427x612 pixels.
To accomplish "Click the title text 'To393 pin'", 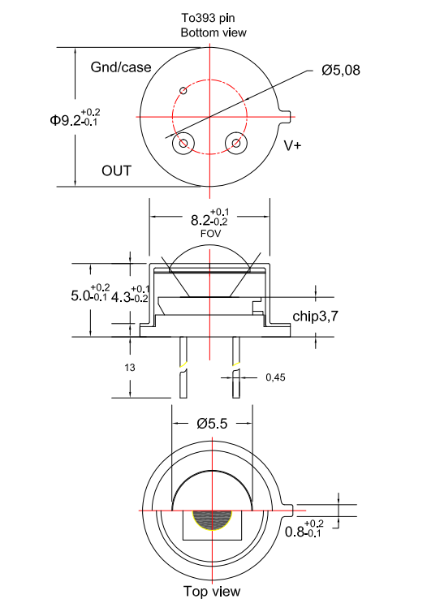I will click(213, 18).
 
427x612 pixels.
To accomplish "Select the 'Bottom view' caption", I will click(213, 32).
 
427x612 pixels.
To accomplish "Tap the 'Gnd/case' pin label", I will click(121, 67).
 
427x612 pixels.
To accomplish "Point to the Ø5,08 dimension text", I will click(340, 71).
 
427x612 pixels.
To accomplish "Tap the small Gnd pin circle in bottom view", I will click(183, 91).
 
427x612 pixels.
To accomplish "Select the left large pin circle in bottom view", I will click(184, 144).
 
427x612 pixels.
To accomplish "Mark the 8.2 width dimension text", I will click(209, 219).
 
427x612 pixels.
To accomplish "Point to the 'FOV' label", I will click(210, 234).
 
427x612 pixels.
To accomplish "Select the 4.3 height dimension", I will click(130, 296).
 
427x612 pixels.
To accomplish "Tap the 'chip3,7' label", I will click(315, 317).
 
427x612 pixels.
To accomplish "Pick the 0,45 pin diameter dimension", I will click(276, 377).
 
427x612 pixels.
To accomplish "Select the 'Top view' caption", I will click(211, 592).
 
